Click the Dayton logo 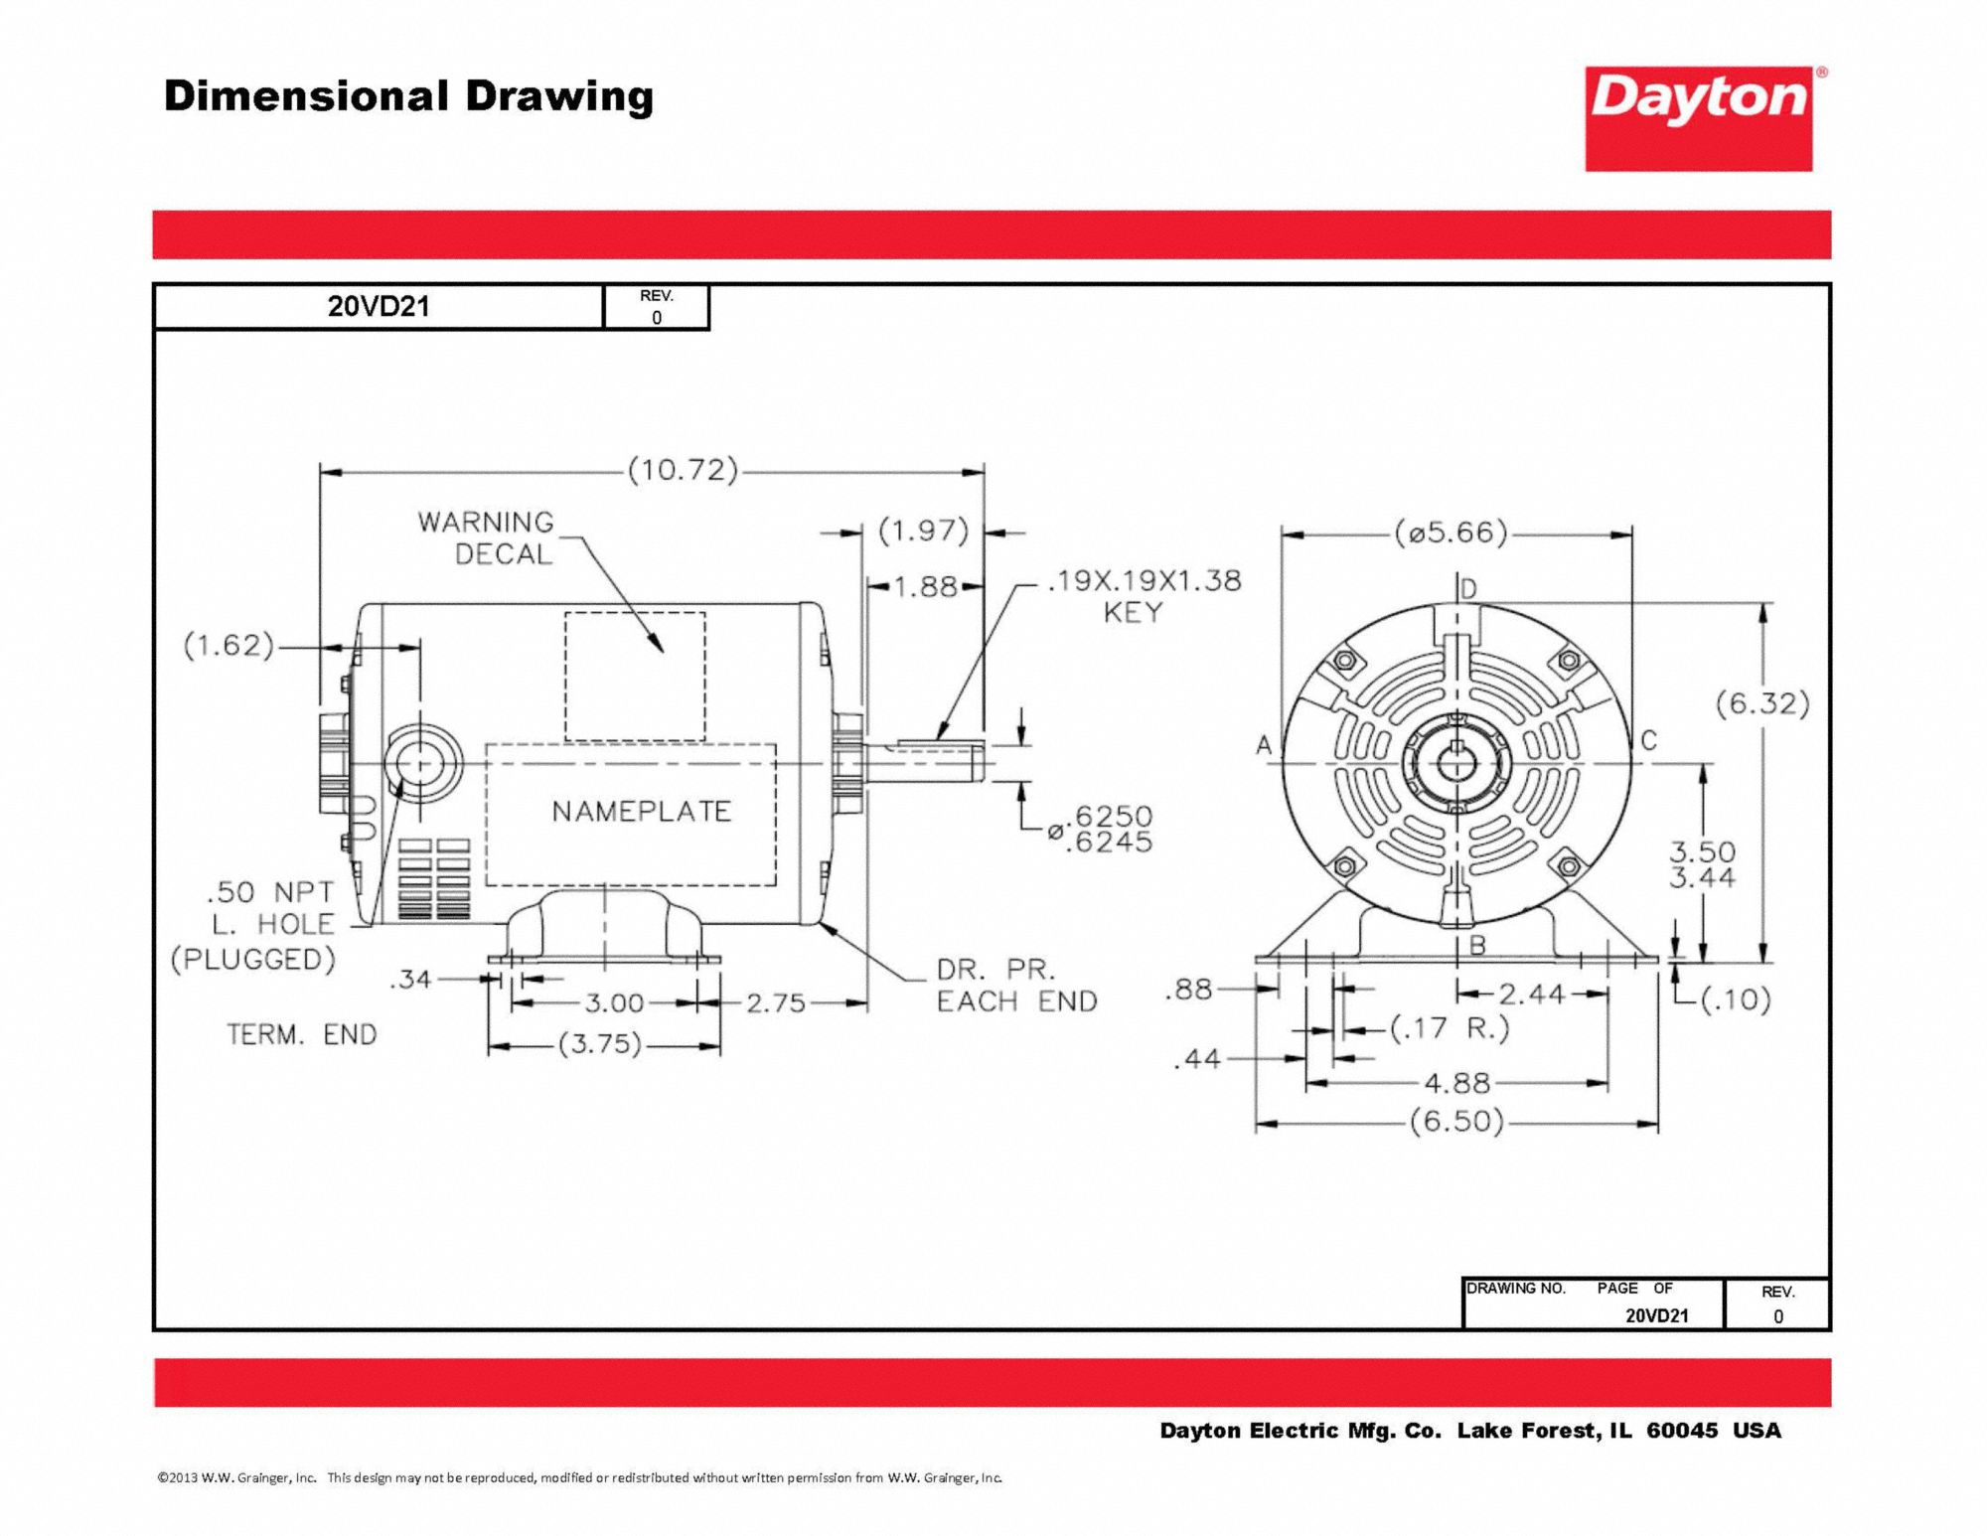click(x=1698, y=118)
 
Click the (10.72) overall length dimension click(x=683, y=469)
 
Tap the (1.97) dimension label click(x=923, y=531)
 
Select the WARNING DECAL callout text click(x=486, y=538)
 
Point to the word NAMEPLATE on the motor click(x=641, y=812)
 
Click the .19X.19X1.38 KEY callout click(x=1144, y=595)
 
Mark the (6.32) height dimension click(x=1762, y=703)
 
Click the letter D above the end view click(x=1468, y=589)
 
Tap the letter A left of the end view click(x=1264, y=744)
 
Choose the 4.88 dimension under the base click(x=1456, y=1083)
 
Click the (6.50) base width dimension click(x=1456, y=1122)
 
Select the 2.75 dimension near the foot click(x=776, y=1002)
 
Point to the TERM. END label click(x=302, y=1035)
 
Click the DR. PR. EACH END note click(x=1016, y=986)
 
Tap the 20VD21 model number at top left click(x=379, y=307)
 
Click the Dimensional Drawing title click(x=408, y=96)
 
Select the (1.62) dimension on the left click(x=229, y=646)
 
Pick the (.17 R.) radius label click(x=1449, y=1028)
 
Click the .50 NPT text click(x=269, y=892)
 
